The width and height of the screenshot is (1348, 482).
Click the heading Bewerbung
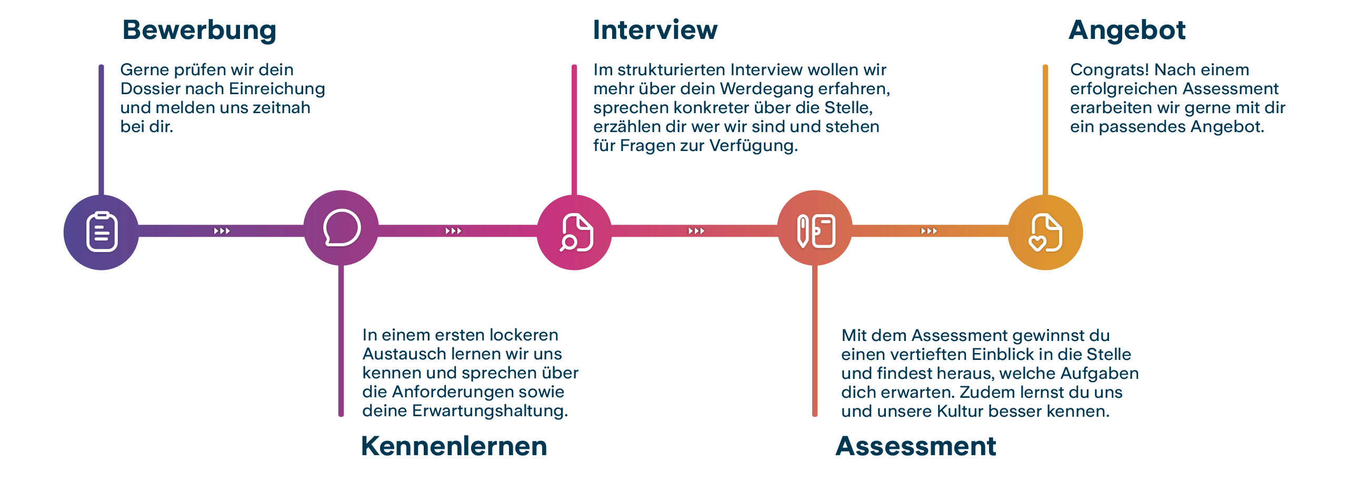(199, 31)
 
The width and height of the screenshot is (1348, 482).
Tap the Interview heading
(655, 29)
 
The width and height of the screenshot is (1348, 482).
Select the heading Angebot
(1127, 31)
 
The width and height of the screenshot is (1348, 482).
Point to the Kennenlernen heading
(454, 446)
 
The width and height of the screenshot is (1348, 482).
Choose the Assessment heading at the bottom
(916, 446)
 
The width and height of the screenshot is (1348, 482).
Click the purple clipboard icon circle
(101, 232)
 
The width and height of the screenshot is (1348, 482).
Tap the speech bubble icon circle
(341, 228)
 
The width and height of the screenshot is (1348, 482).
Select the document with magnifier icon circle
(574, 232)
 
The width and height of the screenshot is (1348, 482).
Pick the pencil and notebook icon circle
(815, 228)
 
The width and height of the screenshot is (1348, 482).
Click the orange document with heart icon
(1045, 232)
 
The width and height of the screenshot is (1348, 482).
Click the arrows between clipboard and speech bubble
(222, 231)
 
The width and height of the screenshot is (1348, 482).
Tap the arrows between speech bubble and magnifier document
(453, 231)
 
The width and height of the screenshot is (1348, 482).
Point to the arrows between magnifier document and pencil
(696, 231)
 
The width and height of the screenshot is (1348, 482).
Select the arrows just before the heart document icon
(929, 231)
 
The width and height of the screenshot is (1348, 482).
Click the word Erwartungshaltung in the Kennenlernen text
(490, 411)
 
